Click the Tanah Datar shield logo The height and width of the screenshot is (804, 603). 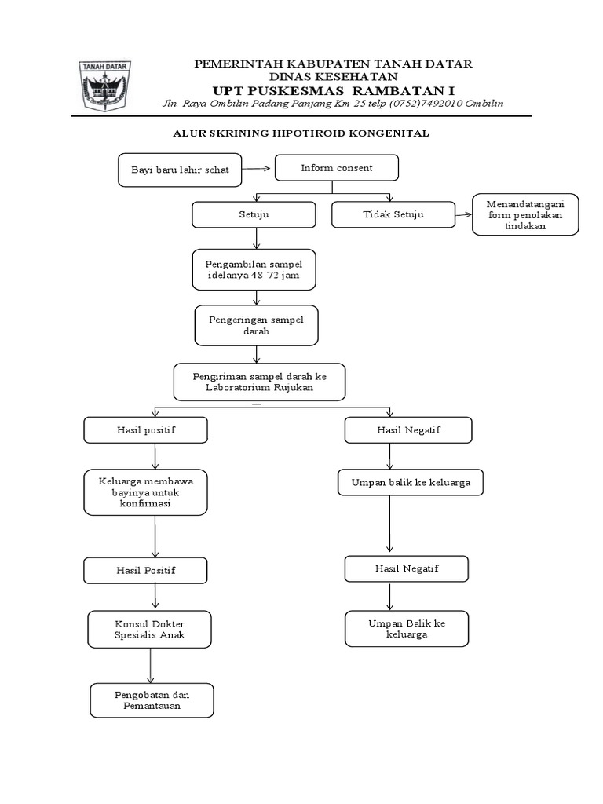(x=105, y=86)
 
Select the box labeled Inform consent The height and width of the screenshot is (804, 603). (x=336, y=168)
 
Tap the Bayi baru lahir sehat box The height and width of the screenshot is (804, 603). (x=180, y=170)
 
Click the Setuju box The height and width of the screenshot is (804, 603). (x=254, y=214)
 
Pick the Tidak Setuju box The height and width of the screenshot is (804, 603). (x=393, y=214)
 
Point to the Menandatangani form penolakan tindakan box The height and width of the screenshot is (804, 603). (x=525, y=214)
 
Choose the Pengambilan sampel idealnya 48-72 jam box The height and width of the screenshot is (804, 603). (x=254, y=270)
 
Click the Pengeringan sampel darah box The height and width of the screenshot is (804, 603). (x=256, y=325)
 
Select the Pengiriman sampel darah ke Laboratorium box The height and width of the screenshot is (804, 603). (x=260, y=382)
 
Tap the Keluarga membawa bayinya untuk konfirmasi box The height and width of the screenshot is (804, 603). (x=145, y=492)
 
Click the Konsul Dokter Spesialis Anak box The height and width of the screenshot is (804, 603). (x=149, y=629)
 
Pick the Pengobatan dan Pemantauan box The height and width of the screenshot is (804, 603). (x=152, y=700)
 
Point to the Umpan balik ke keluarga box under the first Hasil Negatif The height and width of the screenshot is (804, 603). (x=410, y=483)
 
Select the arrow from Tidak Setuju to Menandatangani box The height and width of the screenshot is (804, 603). (x=464, y=214)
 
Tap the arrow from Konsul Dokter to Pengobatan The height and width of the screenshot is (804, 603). (x=150, y=666)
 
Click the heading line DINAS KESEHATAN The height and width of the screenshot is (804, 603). (x=333, y=76)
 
